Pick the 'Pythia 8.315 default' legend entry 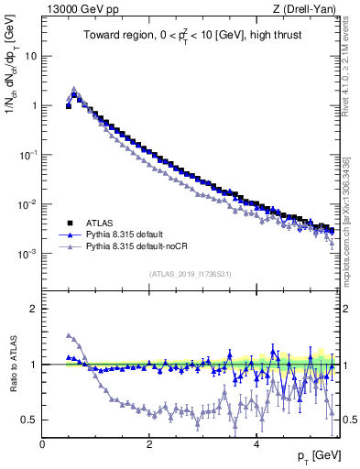tap(128, 234)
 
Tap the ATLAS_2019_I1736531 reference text tap(190, 273)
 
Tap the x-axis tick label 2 tap(148, 443)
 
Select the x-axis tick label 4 tap(256, 443)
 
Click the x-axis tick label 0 tap(42, 443)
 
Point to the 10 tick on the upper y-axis tap(29, 55)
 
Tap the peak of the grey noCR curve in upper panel tap(74, 90)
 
